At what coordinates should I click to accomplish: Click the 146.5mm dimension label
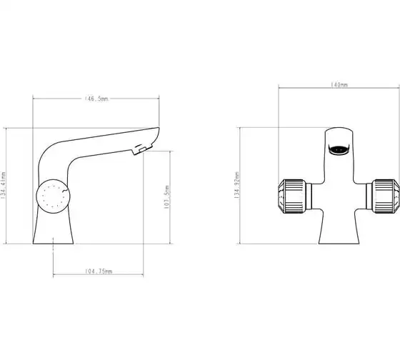[x=96, y=99]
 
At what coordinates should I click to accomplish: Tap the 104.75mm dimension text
[x=99, y=271]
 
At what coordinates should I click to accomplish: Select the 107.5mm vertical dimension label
[x=166, y=197]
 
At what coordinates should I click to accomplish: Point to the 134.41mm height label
[x=3, y=185]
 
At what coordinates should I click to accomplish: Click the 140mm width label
[x=339, y=84]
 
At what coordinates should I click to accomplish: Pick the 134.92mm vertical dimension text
[x=236, y=185]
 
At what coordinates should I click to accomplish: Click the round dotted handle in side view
[x=53, y=196]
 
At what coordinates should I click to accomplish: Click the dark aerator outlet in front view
[x=339, y=149]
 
